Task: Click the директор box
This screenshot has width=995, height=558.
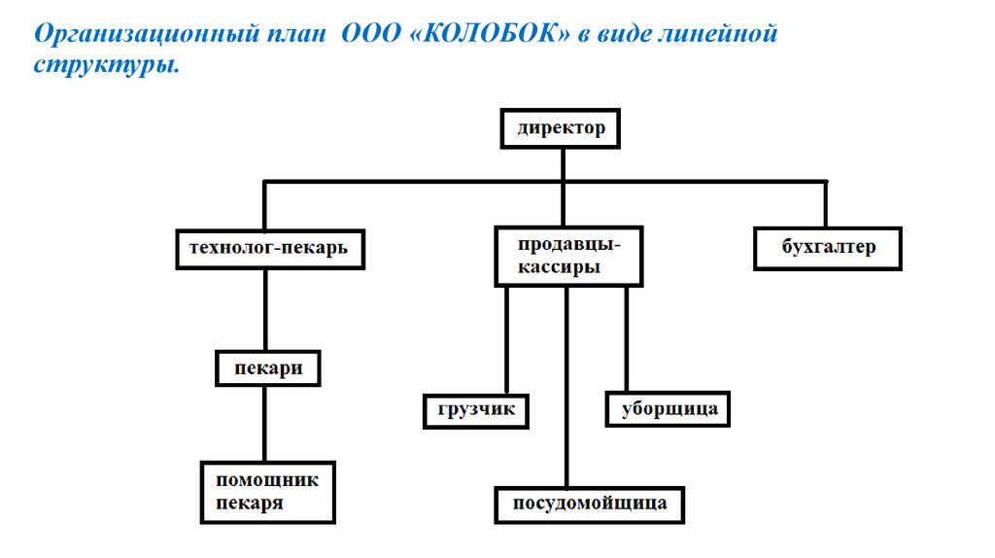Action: click(x=561, y=128)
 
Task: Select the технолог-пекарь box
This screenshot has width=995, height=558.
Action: click(x=270, y=250)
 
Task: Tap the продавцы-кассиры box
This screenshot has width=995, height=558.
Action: click(x=568, y=257)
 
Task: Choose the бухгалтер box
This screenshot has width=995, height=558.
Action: click(x=828, y=249)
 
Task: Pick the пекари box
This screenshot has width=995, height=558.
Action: click(x=268, y=368)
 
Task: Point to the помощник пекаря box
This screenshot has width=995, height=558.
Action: click(x=268, y=493)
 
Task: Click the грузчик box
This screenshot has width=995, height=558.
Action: click(x=476, y=411)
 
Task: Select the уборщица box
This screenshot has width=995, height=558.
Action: click(x=668, y=409)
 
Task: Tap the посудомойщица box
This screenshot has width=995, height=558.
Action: click(x=590, y=505)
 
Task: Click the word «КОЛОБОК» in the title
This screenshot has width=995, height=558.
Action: click(x=491, y=33)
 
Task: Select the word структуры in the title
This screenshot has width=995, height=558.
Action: click(x=107, y=65)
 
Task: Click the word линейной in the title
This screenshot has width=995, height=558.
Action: click(x=718, y=33)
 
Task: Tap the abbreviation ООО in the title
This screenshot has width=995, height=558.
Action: click(x=371, y=33)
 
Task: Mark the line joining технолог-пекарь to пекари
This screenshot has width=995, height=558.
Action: click(x=265, y=310)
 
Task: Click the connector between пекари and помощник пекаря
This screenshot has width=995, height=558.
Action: click(x=264, y=424)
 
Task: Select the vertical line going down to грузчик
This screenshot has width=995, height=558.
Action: click(x=506, y=340)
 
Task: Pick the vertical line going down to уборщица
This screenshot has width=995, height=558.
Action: click(x=627, y=339)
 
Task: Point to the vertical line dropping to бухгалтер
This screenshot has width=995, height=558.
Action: click(x=826, y=204)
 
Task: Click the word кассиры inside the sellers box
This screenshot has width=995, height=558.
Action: click(x=559, y=267)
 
